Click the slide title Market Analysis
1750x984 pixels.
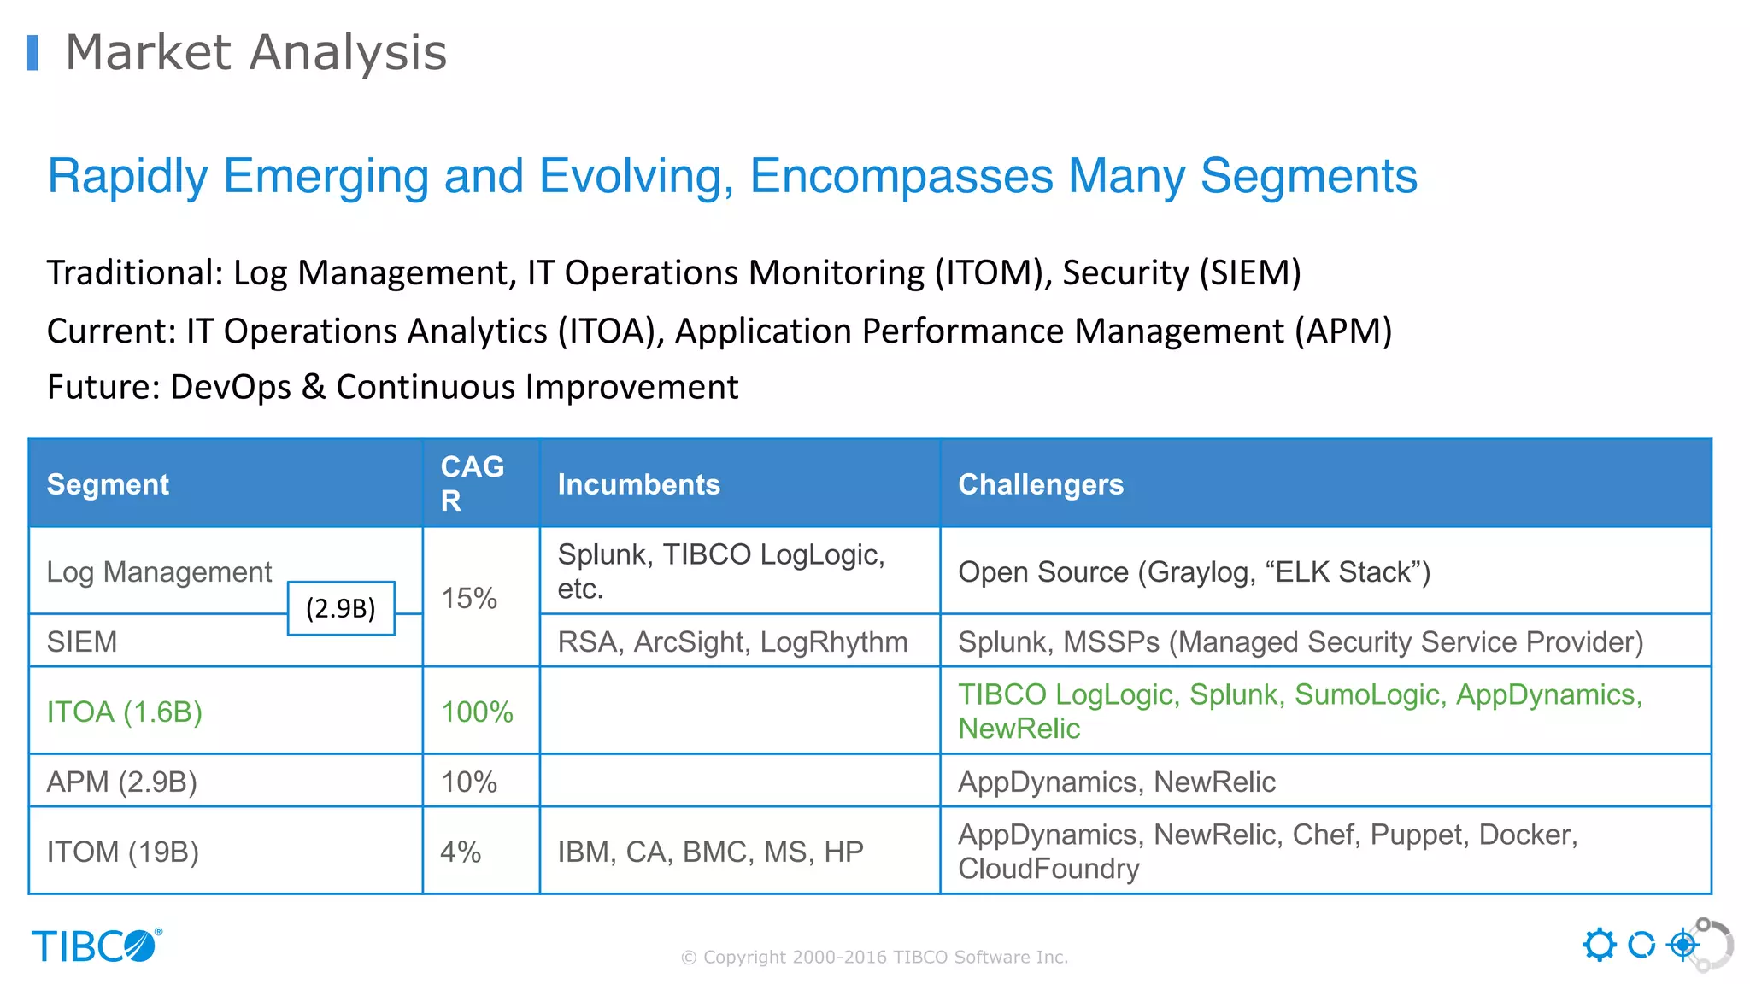coord(255,52)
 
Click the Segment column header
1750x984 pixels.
coord(108,484)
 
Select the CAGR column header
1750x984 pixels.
coord(472,483)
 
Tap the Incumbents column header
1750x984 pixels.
coord(638,484)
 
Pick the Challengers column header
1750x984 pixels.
coord(1040,484)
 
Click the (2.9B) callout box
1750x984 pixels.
coord(341,608)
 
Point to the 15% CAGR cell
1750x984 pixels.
coord(469,598)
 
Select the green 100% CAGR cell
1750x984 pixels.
coord(477,712)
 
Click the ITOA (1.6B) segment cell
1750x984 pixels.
coord(125,712)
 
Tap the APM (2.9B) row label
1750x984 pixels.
coord(122,782)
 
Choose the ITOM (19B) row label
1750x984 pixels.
coord(123,852)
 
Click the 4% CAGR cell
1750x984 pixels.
coord(461,852)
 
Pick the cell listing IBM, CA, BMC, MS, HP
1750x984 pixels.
coord(710,852)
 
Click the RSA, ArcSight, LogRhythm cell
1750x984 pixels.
coord(732,641)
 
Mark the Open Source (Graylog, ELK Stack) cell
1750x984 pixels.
coord(1194,571)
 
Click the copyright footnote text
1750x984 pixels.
coord(874,957)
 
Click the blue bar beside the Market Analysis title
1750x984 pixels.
coord(32,52)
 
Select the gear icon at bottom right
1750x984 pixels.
coord(1599,946)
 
